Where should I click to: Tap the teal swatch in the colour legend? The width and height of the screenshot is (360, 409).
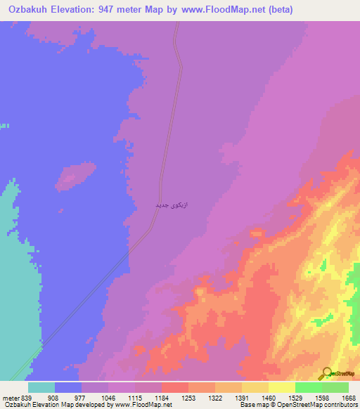(41, 387)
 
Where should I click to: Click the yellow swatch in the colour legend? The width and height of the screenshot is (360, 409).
(282, 387)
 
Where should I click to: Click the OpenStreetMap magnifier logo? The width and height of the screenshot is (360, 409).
(326, 373)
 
